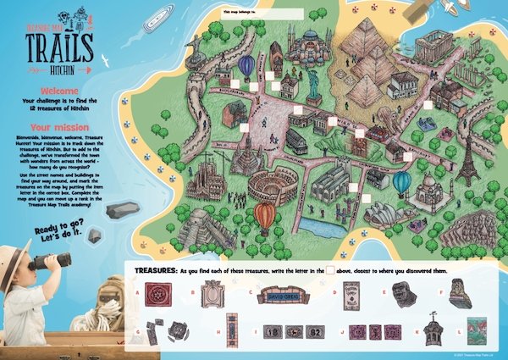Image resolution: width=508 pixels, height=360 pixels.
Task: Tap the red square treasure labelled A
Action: [x=155, y=296]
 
